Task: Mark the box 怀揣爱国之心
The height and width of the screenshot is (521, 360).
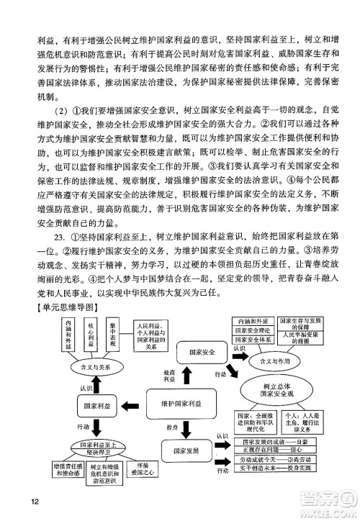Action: (143, 479)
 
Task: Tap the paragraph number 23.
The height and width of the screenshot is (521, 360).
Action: (58, 235)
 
